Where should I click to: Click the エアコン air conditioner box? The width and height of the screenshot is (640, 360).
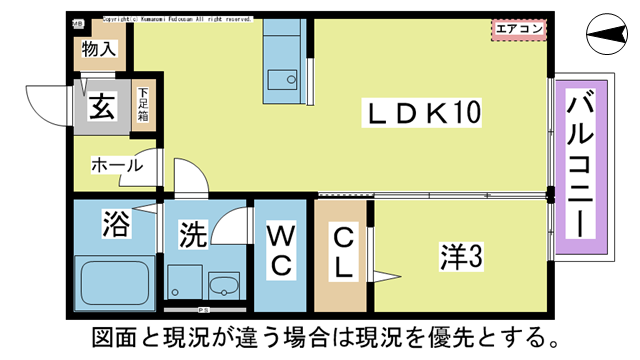[x=517, y=29]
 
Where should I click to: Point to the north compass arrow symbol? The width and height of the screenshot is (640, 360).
[x=607, y=38]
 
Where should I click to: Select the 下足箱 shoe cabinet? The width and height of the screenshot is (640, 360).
[x=143, y=104]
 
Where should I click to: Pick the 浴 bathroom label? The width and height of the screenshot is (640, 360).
[x=115, y=224]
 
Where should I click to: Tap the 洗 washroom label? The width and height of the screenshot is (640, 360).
[x=191, y=236]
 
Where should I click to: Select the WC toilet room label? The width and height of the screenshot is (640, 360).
[x=280, y=250]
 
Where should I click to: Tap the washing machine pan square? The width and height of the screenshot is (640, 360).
[x=185, y=281]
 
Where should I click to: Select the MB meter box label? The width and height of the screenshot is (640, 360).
[x=78, y=20]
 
